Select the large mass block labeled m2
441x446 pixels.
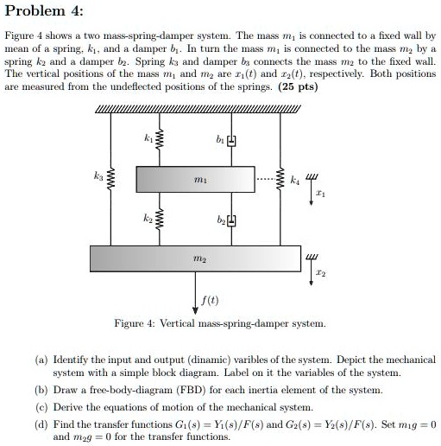196,258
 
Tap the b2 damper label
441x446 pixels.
219,222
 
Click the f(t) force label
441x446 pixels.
210,302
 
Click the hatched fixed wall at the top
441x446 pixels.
198,107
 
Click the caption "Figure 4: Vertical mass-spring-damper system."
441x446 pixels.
221,322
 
